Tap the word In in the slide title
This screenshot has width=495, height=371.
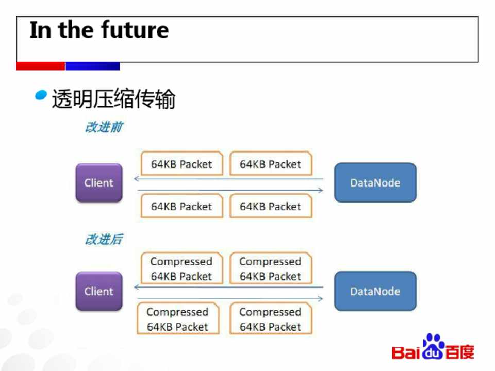[40, 30]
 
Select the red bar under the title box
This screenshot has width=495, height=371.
[40, 66]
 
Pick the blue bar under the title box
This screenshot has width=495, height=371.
[92, 66]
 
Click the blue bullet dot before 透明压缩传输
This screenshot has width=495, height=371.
[41, 95]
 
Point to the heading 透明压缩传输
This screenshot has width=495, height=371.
[113, 99]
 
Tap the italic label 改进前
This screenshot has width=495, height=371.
[104, 127]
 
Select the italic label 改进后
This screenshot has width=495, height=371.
[104, 239]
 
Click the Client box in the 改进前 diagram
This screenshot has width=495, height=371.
[99, 182]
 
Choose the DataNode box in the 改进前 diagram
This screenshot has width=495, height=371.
[375, 182]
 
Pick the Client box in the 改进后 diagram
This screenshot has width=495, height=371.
[99, 291]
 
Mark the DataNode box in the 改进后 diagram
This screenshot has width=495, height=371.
[375, 291]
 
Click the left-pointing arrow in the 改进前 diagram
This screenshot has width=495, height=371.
[228, 179]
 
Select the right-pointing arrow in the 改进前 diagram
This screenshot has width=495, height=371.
[230, 190]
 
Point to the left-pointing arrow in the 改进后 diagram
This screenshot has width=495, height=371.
[228, 287]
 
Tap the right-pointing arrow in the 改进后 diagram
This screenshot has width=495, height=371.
[230, 298]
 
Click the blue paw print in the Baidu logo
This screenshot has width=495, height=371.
[434, 346]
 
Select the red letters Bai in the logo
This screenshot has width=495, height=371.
[407, 352]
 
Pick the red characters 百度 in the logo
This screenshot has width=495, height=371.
[459, 352]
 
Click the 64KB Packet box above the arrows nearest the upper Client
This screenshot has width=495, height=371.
[182, 164]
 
